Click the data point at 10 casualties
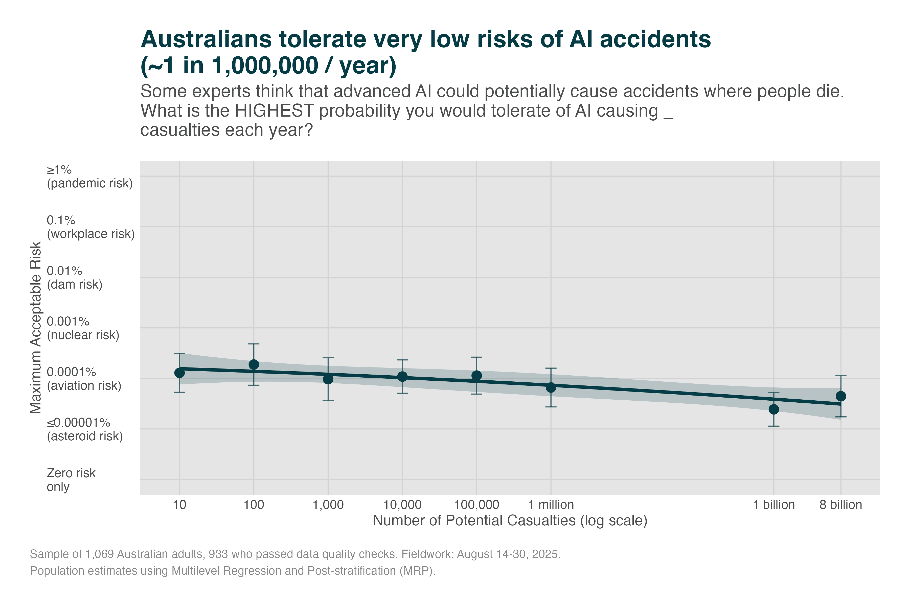179,373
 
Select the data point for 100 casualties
254,364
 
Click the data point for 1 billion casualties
774,409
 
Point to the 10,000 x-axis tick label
402,505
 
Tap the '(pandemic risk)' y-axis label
90,183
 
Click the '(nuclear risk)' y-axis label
83,335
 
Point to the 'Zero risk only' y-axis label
71,480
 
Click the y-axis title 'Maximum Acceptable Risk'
36,328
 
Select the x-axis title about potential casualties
510,520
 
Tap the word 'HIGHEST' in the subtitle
274,111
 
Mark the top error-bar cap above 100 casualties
254,344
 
